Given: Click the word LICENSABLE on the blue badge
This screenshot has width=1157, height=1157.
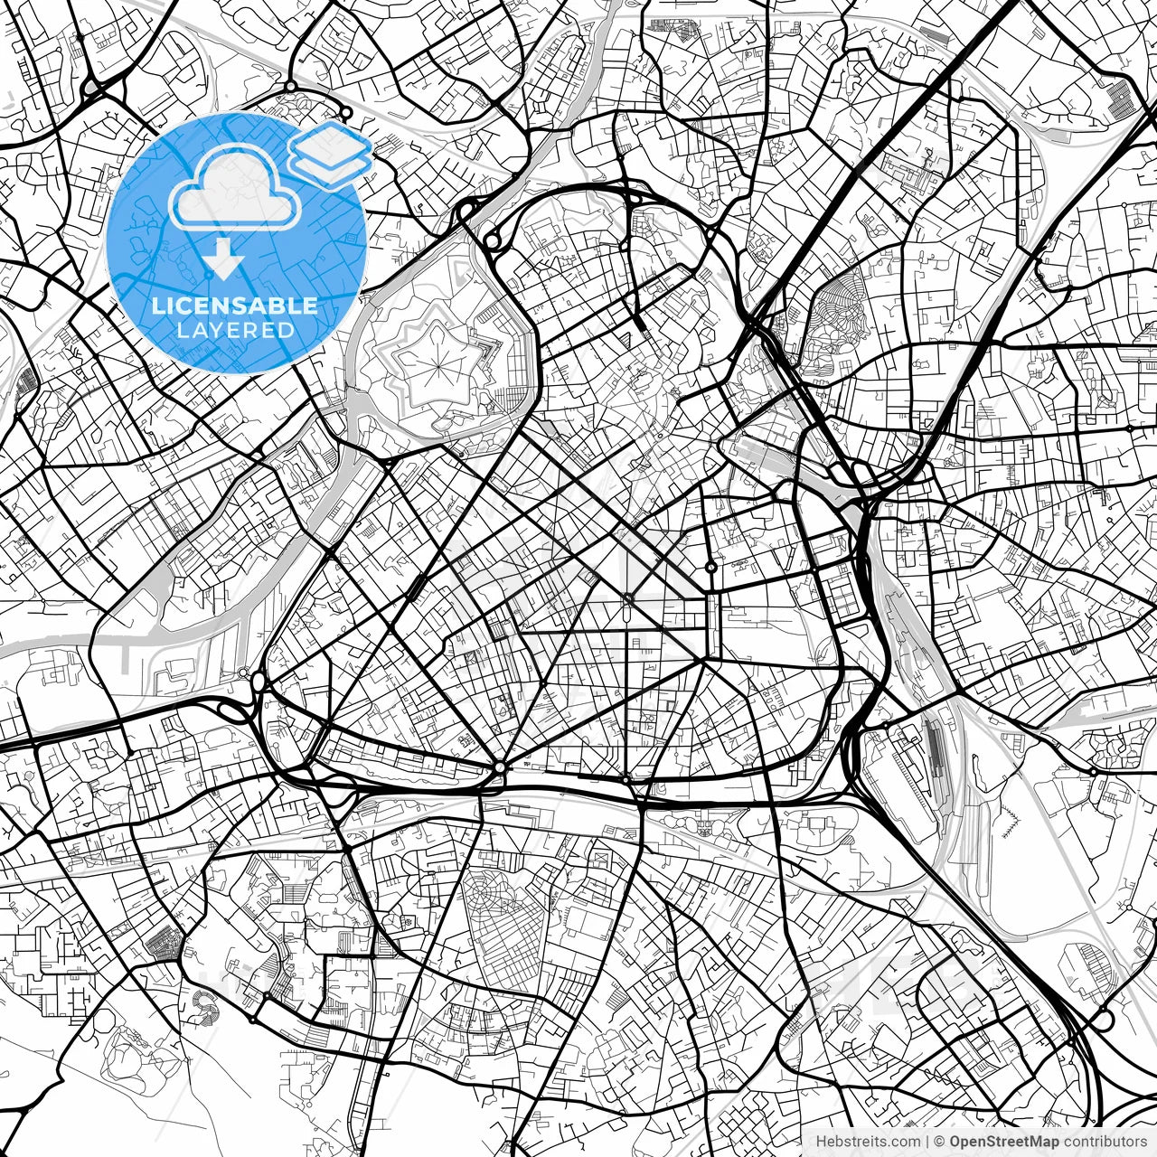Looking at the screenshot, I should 235,306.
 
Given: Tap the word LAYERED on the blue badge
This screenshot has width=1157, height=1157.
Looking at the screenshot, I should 235,331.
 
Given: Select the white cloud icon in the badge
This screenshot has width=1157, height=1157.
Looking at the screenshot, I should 235,188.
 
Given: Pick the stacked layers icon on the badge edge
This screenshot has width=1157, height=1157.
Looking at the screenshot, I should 330,155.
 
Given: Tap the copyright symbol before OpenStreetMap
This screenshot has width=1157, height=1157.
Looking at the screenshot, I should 940,1143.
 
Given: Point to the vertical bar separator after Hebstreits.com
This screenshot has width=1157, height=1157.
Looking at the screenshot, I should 927,1143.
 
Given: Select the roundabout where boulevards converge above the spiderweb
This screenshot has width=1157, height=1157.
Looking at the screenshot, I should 500,767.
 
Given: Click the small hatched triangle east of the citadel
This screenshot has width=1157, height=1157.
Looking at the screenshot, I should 626,339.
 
